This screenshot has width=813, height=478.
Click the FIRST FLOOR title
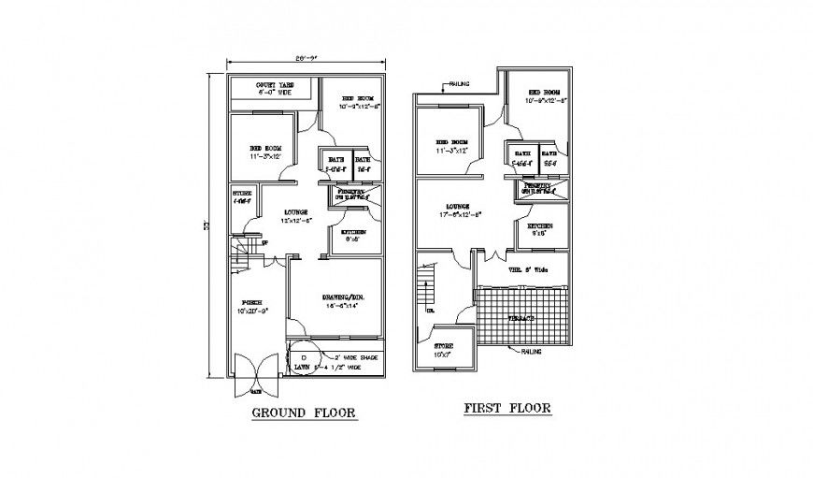pos(507,408)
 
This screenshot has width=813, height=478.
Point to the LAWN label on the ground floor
pos(302,369)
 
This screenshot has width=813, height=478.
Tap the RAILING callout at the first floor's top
pos(459,84)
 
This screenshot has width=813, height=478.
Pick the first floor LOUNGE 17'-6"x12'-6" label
pos(457,210)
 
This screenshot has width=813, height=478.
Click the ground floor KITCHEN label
pos(352,235)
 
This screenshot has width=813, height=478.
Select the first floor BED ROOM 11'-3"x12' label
pos(450,147)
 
